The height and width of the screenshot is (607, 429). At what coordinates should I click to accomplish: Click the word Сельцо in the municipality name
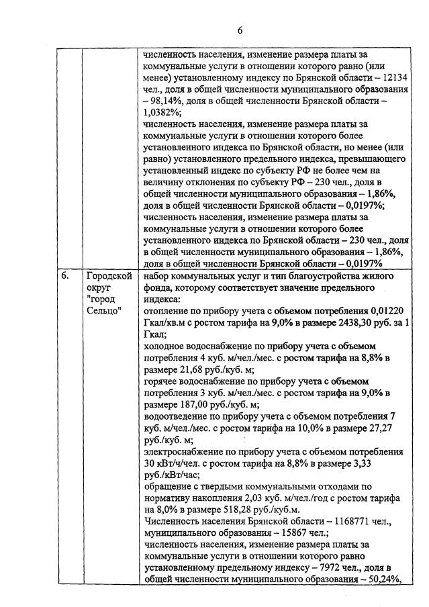105,312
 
